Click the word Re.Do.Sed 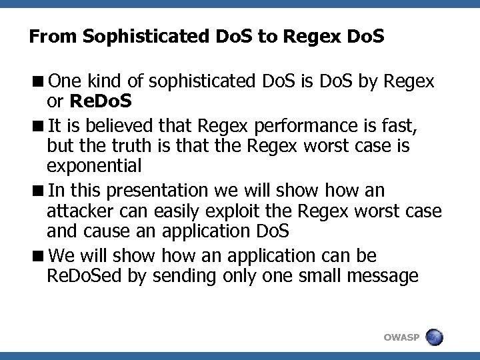coord(88,275)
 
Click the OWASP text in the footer coord(402,338)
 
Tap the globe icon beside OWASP coord(435,337)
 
